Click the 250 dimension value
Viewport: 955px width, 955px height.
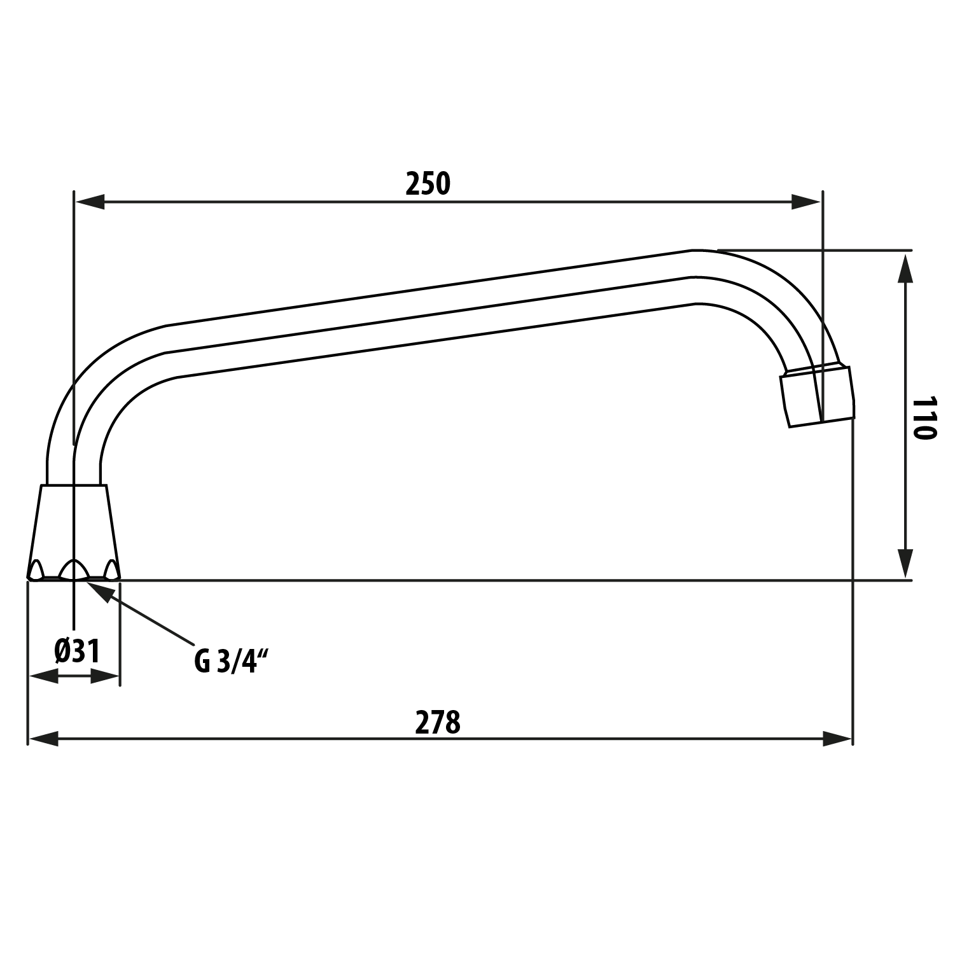tap(428, 184)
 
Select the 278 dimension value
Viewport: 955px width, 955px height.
tap(438, 723)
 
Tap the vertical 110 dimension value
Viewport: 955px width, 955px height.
tap(924, 419)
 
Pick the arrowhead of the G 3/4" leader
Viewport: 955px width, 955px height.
tap(102, 590)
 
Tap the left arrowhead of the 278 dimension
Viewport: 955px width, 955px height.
tap(43, 739)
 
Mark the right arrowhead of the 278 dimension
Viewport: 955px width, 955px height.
tap(837, 739)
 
